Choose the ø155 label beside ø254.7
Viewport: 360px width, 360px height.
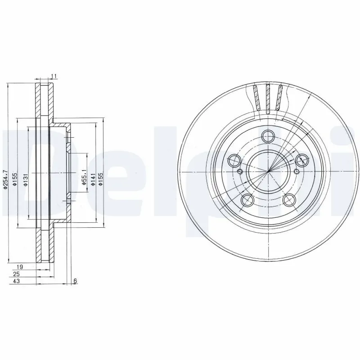point(15,180)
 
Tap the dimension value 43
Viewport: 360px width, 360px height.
point(17,281)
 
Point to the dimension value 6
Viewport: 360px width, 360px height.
point(75,281)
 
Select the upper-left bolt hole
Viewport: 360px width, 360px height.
point(234,160)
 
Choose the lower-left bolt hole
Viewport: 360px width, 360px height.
point(247,200)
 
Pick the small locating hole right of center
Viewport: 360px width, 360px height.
point(297,171)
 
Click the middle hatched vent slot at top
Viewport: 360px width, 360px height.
point(269,98)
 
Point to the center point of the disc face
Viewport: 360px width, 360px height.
point(269,171)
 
